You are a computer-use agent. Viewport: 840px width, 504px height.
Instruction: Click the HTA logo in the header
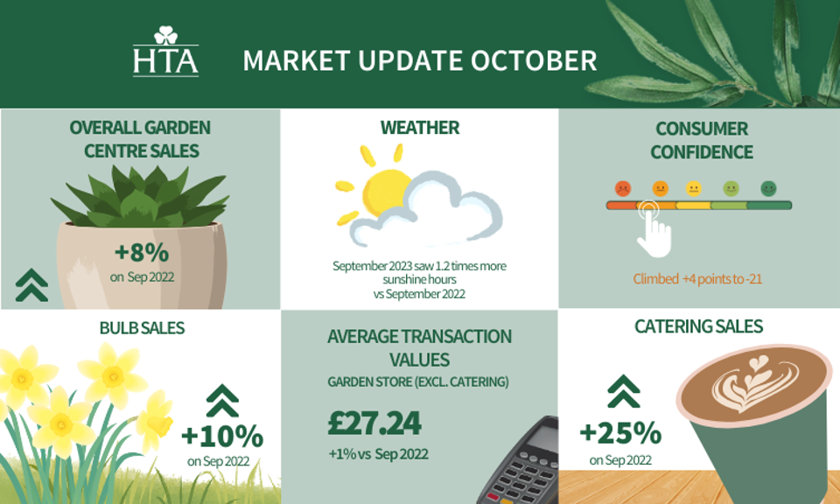point(165,51)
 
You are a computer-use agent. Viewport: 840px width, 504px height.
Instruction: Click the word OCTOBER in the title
point(534,60)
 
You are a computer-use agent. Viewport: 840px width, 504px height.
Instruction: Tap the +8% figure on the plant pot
point(142,252)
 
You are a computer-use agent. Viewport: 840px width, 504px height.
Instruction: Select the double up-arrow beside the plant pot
point(31,285)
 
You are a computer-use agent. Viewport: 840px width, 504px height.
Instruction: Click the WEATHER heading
point(420,128)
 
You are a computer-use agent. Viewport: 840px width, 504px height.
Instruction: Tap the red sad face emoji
point(622,188)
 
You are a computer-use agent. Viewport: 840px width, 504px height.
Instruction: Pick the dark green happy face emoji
point(768,188)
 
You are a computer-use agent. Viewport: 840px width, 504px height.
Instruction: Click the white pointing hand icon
point(654,230)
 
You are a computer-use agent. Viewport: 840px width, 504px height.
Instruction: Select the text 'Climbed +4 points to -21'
point(697,279)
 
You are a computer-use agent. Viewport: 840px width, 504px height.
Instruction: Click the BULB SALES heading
point(142,328)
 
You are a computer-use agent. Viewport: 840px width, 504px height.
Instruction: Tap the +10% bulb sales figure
point(222,437)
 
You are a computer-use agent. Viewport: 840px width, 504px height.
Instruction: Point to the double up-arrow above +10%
point(222,401)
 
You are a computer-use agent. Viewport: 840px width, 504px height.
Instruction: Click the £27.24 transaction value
point(374,423)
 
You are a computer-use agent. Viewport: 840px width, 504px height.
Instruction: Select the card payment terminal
point(519,460)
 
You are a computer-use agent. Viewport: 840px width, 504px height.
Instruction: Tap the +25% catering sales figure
point(620,433)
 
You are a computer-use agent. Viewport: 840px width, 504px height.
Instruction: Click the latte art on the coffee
point(754,383)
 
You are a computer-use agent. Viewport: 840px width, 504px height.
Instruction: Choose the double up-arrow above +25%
point(624,391)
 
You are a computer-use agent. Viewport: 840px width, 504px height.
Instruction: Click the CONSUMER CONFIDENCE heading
point(701,140)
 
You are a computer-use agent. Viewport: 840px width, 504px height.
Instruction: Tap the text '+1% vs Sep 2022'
point(378,454)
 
